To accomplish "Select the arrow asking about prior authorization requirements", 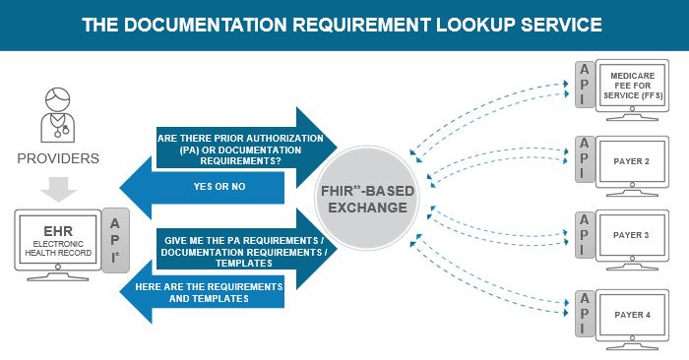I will [x=241, y=146].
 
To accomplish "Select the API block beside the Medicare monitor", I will [x=584, y=87].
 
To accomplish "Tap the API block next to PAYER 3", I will [x=584, y=236].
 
